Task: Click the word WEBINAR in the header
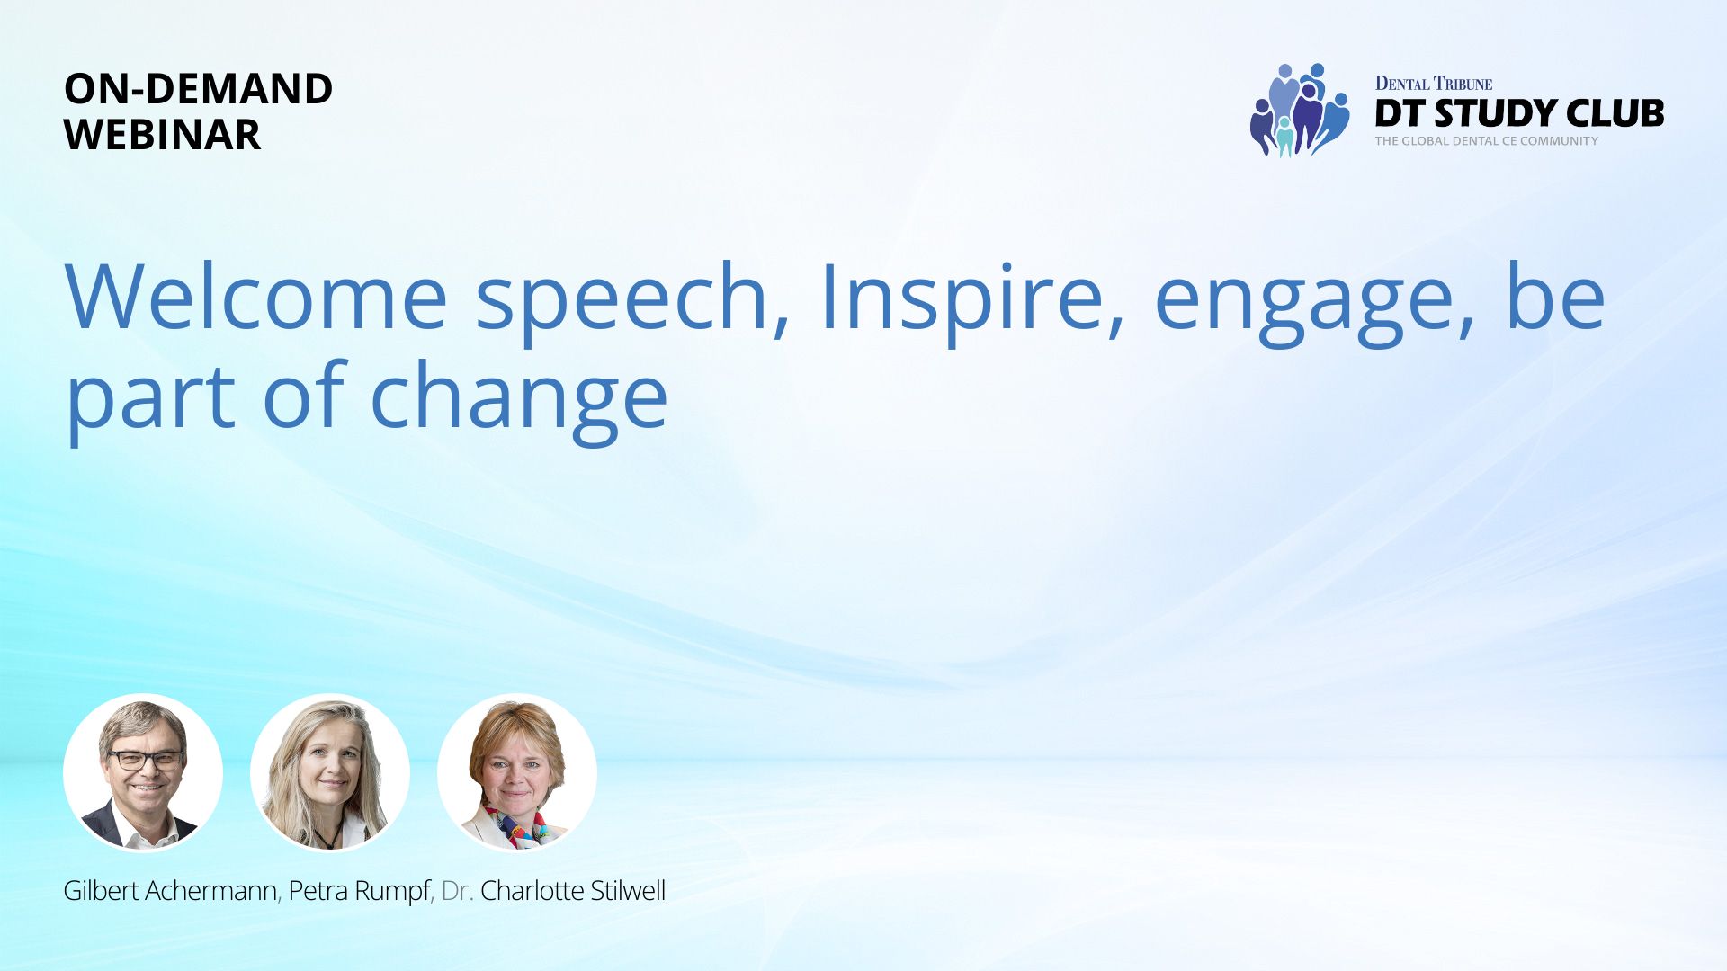162,135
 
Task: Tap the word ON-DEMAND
198,88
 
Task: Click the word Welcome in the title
256,297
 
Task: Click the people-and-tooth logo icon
1299,110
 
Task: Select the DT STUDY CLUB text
1519,113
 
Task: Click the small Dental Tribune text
1434,84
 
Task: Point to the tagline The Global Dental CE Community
1486,141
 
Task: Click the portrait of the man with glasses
143,772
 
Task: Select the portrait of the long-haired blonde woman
330,772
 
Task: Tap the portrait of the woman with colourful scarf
517,772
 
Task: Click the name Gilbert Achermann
171,891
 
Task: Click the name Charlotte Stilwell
573,891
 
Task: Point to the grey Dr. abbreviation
457,891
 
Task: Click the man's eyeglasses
146,760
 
